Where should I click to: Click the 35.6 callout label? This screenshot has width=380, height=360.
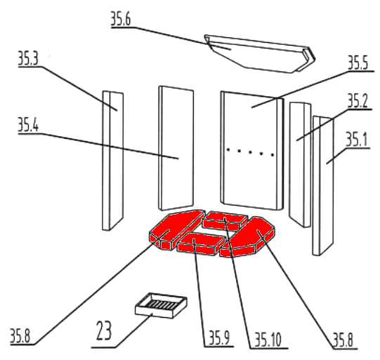(121, 19)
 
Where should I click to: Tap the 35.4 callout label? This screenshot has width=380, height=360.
(28, 125)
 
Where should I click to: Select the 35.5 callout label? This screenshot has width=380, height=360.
(358, 62)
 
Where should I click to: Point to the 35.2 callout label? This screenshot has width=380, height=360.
(358, 101)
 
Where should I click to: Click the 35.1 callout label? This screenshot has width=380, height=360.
(357, 139)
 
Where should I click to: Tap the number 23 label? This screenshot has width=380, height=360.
(104, 331)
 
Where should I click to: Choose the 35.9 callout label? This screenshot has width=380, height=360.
(219, 338)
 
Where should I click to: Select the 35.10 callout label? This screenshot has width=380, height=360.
(268, 340)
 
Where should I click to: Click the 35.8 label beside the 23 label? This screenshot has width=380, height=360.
(20, 335)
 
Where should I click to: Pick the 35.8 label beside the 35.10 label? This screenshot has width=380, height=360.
(343, 340)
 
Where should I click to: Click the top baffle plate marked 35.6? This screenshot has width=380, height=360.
(260, 54)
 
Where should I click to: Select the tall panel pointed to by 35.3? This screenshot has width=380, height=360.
(112, 161)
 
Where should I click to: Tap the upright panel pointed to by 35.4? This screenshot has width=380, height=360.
(176, 148)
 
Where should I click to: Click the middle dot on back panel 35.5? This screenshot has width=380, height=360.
(250, 152)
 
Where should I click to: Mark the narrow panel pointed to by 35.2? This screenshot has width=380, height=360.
(300, 165)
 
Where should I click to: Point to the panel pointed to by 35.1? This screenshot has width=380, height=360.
(323, 186)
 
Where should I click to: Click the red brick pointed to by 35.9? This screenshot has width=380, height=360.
(201, 243)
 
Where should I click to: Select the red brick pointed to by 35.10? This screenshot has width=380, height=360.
(225, 221)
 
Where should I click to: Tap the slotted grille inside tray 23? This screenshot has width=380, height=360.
(160, 304)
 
